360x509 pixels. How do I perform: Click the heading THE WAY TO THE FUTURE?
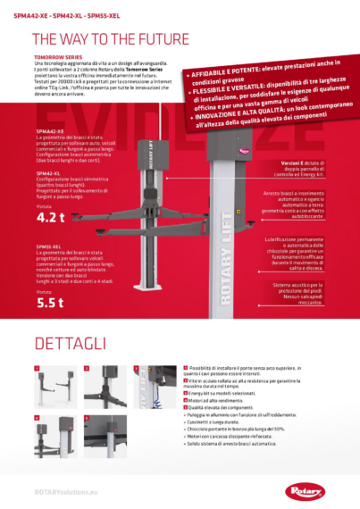(110, 40)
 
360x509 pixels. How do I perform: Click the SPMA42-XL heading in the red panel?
(49, 172)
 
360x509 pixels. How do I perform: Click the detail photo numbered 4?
(52, 438)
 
